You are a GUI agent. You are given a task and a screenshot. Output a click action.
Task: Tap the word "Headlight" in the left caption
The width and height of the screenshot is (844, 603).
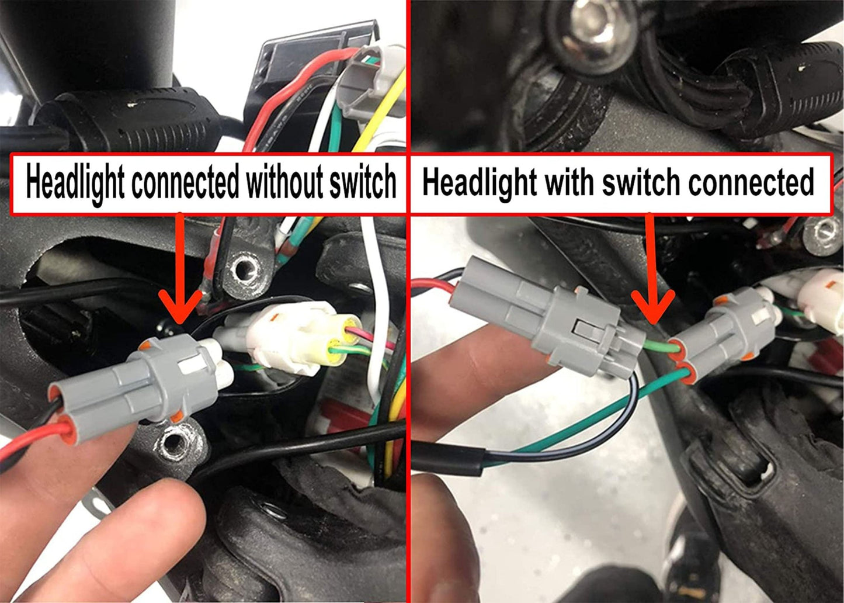pos(75,182)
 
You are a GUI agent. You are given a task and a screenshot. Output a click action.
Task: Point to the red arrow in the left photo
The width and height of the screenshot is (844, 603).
pos(180,275)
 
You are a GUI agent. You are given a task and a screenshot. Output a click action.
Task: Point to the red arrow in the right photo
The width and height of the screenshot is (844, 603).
pos(652,275)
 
